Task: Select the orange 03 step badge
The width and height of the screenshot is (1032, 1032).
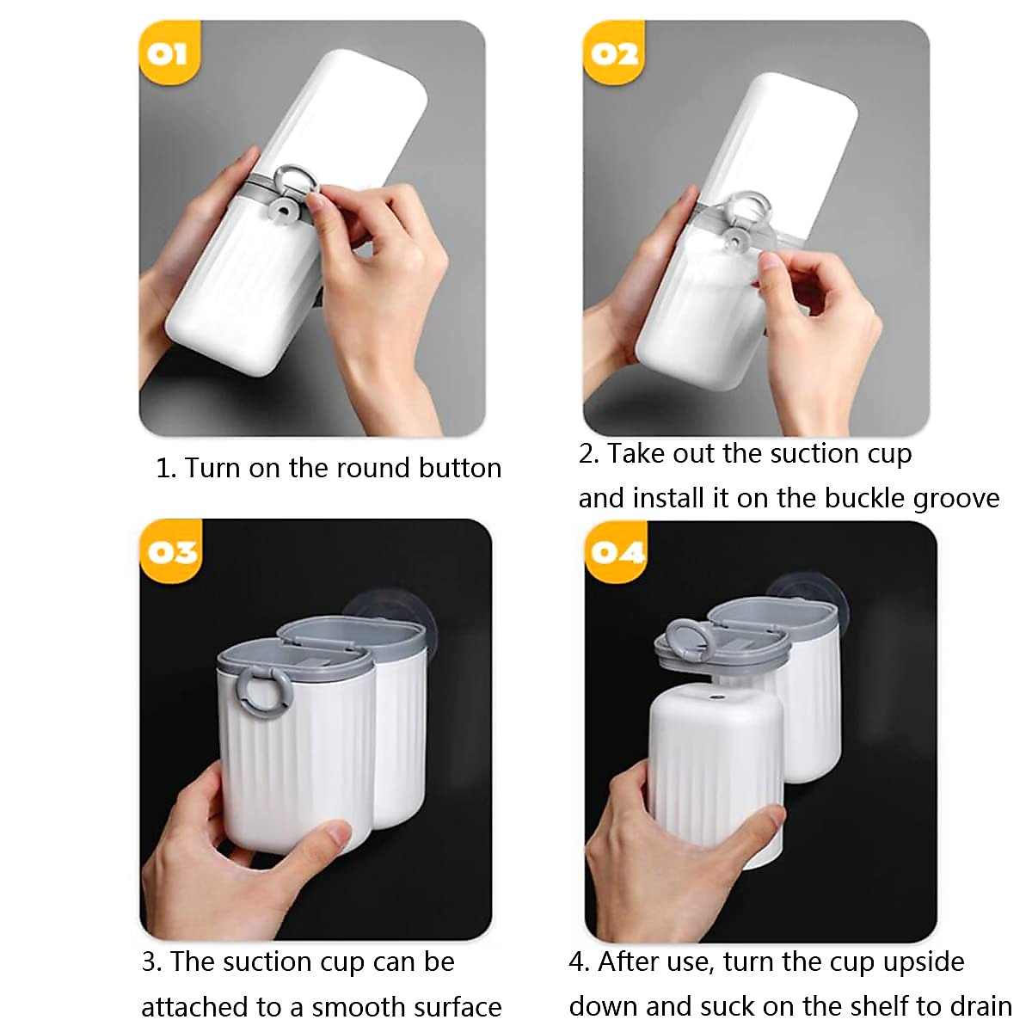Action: [171, 550]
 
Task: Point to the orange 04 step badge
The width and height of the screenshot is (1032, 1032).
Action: [616, 550]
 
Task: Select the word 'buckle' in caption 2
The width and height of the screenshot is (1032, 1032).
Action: [863, 498]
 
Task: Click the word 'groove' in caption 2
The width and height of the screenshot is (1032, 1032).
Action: [955, 499]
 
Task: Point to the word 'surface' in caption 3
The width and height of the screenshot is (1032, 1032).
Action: [455, 1006]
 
